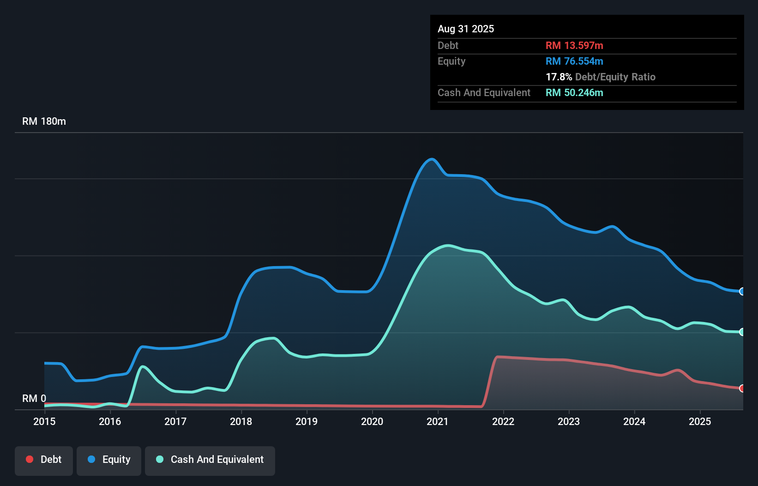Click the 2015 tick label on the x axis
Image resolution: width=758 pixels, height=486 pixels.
pos(44,421)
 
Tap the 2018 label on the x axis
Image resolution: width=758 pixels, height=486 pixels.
pos(241,421)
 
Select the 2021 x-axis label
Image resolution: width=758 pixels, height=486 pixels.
pos(438,421)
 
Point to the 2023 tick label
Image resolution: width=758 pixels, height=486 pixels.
pos(569,421)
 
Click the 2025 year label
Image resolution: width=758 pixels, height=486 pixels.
pos(700,421)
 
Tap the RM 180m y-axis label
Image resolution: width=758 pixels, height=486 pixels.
pos(44,121)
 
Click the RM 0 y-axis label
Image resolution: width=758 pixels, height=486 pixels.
pos(34,398)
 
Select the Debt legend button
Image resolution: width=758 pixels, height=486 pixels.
pos(44,460)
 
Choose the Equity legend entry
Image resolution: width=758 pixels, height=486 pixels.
pos(109,460)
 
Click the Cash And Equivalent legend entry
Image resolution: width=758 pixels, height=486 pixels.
pos(210,460)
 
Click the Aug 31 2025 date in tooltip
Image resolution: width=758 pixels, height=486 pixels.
pos(466,29)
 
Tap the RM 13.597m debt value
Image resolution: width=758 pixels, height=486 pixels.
pos(574,46)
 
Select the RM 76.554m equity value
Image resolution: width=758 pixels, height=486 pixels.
pos(574,61)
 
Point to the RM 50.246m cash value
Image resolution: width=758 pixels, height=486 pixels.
pos(574,93)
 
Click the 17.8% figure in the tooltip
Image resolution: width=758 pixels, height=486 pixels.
pos(559,77)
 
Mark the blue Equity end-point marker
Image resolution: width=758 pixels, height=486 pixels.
pos(742,292)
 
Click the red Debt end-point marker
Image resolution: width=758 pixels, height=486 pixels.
pos(742,389)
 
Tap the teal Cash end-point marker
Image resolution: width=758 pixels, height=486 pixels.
pos(742,332)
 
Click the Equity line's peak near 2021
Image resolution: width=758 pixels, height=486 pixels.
pos(431,159)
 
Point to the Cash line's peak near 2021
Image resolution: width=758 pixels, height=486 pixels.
pos(448,245)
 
